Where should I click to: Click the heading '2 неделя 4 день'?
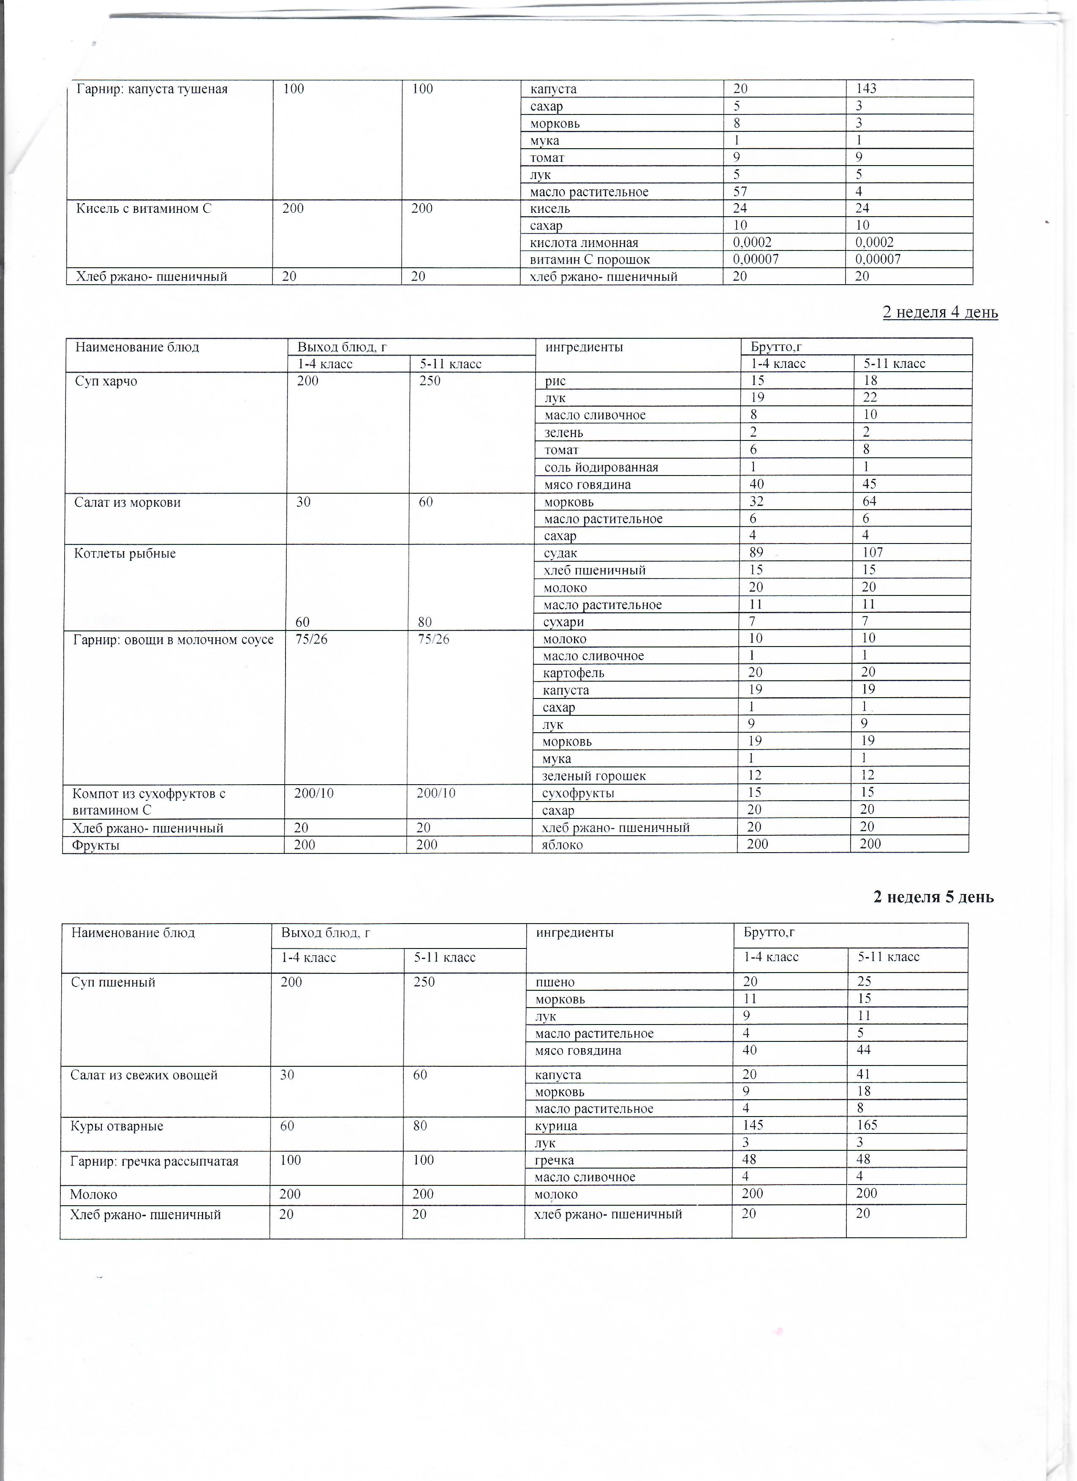(940, 313)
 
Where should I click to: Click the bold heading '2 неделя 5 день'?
(933, 897)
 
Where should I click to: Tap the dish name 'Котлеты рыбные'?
(125, 554)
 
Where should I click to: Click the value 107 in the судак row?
(873, 552)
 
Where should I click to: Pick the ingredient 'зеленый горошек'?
(594, 776)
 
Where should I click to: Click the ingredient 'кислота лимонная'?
(584, 243)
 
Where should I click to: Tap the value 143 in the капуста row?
(866, 89)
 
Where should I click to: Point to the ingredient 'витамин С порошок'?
(590, 260)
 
